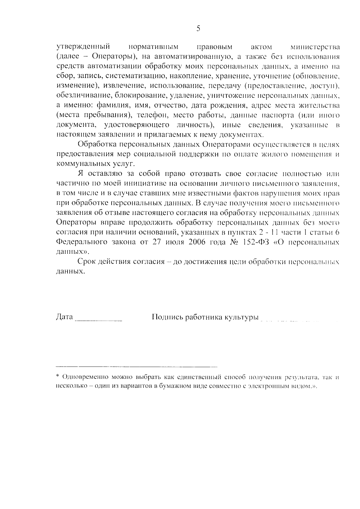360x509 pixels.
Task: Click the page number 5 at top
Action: point(198,29)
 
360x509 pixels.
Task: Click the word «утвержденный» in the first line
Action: point(82,47)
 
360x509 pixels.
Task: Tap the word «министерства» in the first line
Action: point(315,47)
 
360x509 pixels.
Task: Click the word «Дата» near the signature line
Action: point(64,317)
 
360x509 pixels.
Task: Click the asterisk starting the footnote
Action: point(58,376)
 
